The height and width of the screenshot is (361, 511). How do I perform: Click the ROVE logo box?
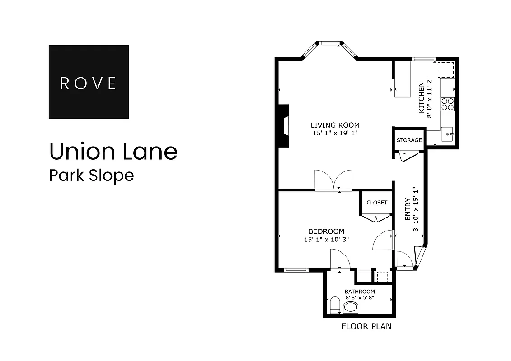pyautogui.click(x=89, y=82)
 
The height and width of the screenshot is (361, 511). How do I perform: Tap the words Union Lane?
pyautogui.click(x=113, y=152)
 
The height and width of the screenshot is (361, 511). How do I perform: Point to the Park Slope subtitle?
pyautogui.click(x=91, y=175)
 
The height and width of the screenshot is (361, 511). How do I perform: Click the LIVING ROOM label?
pyautogui.click(x=335, y=125)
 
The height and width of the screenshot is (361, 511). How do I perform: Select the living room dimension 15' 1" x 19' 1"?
pyautogui.click(x=335, y=133)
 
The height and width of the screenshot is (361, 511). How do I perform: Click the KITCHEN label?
pyautogui.click(x=422, y=97)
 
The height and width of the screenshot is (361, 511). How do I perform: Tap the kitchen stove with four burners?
pyautogui.click(x=447, y=104)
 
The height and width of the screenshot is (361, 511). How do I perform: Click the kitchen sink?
pyautogui.click(x=447, y=134)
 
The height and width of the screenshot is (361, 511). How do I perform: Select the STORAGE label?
pyautogui.click(x=409, y=140)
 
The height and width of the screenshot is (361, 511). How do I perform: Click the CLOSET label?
pyautogui.click(x=377, y=203)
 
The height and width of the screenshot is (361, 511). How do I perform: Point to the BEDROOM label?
pyautogui.click(x=326, y=231)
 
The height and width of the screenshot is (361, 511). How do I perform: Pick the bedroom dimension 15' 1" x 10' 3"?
pyautogui.click(x=326, y=240)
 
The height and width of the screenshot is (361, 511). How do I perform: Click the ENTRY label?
pyautogui.click(x=408, y=209)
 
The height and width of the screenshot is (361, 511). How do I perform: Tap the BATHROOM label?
pyautogui.click(x=360, y=292)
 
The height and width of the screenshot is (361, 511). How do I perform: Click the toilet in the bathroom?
pyautogui.click(x=335, y=305)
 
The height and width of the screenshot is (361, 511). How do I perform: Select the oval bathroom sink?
pyautogui.click(x=351, y=308)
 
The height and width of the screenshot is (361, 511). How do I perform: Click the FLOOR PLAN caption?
pyautogui.click(x=366, y=326)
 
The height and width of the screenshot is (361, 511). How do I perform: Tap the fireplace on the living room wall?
pyautogui.click(x=283, y=126)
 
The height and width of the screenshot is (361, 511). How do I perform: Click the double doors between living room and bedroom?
pyautogui.click(x=333, y=180)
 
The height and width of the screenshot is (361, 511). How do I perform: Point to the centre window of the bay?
pyautogui.click(x=330, y=43)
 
